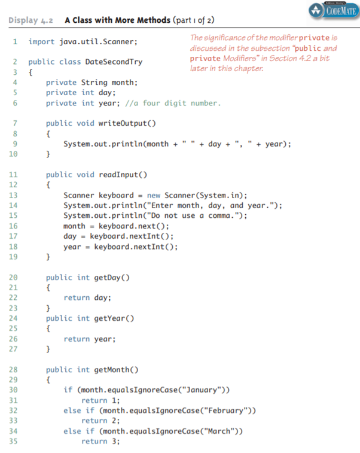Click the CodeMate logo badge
pyautogui.click(x=334, y=10)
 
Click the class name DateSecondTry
pyautogui.click(x=114, y=62)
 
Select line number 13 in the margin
pyautogui.click(x=13, y=195)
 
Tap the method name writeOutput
pyautogui.click(x=123, y=123)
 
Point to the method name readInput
pyautogui.click(x=118, y=175)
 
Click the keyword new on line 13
pyautogui.click(x=154, y=196)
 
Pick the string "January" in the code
pyautogui.click(x=200, y=390)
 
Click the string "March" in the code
pyautogui.click(x=219, y=431)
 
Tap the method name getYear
pyautogui.click(x=110, y=318)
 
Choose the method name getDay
pyautogui.click(x=108, y=278)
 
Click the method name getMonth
pyautogui.click(x=112, y=370)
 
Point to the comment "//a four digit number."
pyautogui.click(x=173, y=103)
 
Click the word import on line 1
pyautogui.click(x=41, y=42)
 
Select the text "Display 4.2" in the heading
pyautogui.click(x=30, y=20)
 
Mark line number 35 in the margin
pyautogui.click(x=13, y=441)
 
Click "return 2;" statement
pyautogui.click(x=100, y=421)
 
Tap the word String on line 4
pyautogui.click(x=94, y=83)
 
